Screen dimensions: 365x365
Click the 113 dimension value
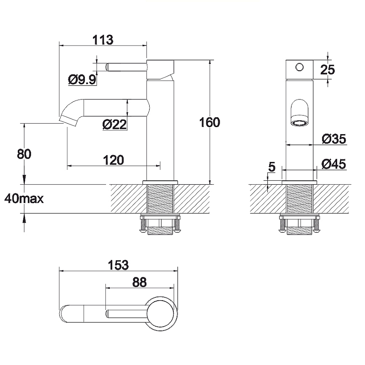103,40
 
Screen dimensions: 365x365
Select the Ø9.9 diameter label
82,80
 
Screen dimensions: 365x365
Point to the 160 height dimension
209,122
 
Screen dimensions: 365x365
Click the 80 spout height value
24,154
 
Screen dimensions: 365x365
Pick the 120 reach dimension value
113,160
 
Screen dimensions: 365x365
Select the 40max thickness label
24,199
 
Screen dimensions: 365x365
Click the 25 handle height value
328,70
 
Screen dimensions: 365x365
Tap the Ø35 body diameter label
334,139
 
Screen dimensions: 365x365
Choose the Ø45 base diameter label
334,164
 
